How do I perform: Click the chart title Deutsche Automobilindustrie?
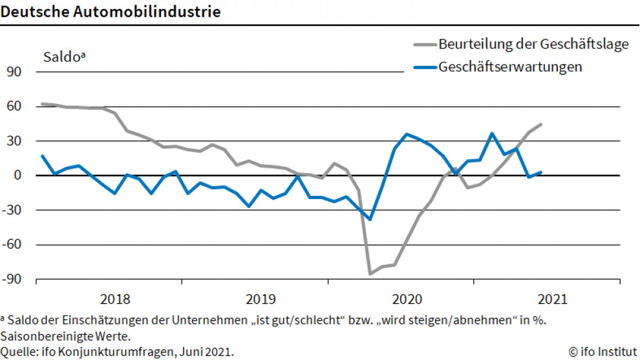110,12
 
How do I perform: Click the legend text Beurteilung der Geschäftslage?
533,45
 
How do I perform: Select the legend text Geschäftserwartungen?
510,67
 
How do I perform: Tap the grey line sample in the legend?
424,45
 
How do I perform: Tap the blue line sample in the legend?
424,67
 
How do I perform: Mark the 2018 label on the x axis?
115,299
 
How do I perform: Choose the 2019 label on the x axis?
261,299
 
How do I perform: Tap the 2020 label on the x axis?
407,299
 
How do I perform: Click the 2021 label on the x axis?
553,299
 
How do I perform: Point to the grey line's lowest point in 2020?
370,274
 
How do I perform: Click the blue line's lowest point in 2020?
370,219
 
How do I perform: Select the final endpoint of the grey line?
540,124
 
